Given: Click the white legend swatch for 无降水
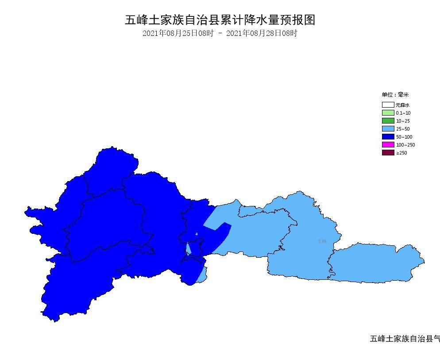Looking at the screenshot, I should tap(388, 105).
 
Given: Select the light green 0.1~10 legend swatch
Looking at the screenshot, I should tap(388, 113).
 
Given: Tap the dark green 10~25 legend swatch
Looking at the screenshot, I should tap(388, 121).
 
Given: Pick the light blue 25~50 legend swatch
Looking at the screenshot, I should tap(388, 129).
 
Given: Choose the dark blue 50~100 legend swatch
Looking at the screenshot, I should tap(388, 137).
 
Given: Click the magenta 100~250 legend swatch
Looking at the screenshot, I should tap(388, 145).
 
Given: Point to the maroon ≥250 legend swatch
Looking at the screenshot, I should tap(388, 153).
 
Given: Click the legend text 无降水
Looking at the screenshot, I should tap(402, 105).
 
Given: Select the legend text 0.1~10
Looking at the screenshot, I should tap(403, 113).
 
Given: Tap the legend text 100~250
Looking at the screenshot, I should tap(405, 145).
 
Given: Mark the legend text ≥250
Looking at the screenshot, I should tap(401, 153).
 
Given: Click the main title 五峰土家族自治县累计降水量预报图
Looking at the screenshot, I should tap(220, 20).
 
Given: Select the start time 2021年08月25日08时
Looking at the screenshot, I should tap(178, 33).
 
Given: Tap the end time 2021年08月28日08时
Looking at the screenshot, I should tap(262, 33).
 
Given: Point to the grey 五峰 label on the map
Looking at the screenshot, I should tap(322, 241).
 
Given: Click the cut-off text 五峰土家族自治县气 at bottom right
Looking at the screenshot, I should tap(405, 339).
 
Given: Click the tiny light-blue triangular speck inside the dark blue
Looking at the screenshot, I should tap(197, 233).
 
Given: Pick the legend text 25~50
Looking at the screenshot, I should tap(403, 129).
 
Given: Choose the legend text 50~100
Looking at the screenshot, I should tap(404, 137).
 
